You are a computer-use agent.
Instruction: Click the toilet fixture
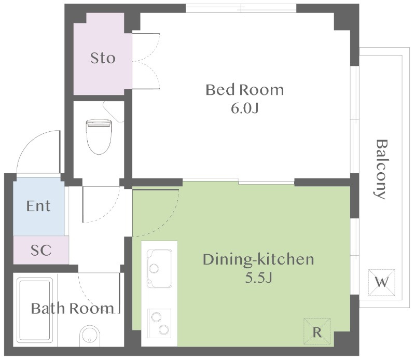(99, 136)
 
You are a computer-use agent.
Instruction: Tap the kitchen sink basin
(159, 268)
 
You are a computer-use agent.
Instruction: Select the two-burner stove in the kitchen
(159, 323)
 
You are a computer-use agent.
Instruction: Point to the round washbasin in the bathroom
(90, 336)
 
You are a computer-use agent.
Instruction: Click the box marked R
(317, 331)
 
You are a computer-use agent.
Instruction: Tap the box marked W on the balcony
(382, 282)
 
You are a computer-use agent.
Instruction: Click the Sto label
(103, 58)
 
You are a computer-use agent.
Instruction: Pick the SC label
(41, 250)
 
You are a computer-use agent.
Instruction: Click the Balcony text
(381, 169)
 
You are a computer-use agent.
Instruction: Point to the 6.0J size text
(244, 108)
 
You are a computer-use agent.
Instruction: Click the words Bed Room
(244, 90)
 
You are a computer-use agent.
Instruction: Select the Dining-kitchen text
(258, 259)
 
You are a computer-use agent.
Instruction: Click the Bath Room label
(73, 308)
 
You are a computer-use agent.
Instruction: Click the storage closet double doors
(146, 61)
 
